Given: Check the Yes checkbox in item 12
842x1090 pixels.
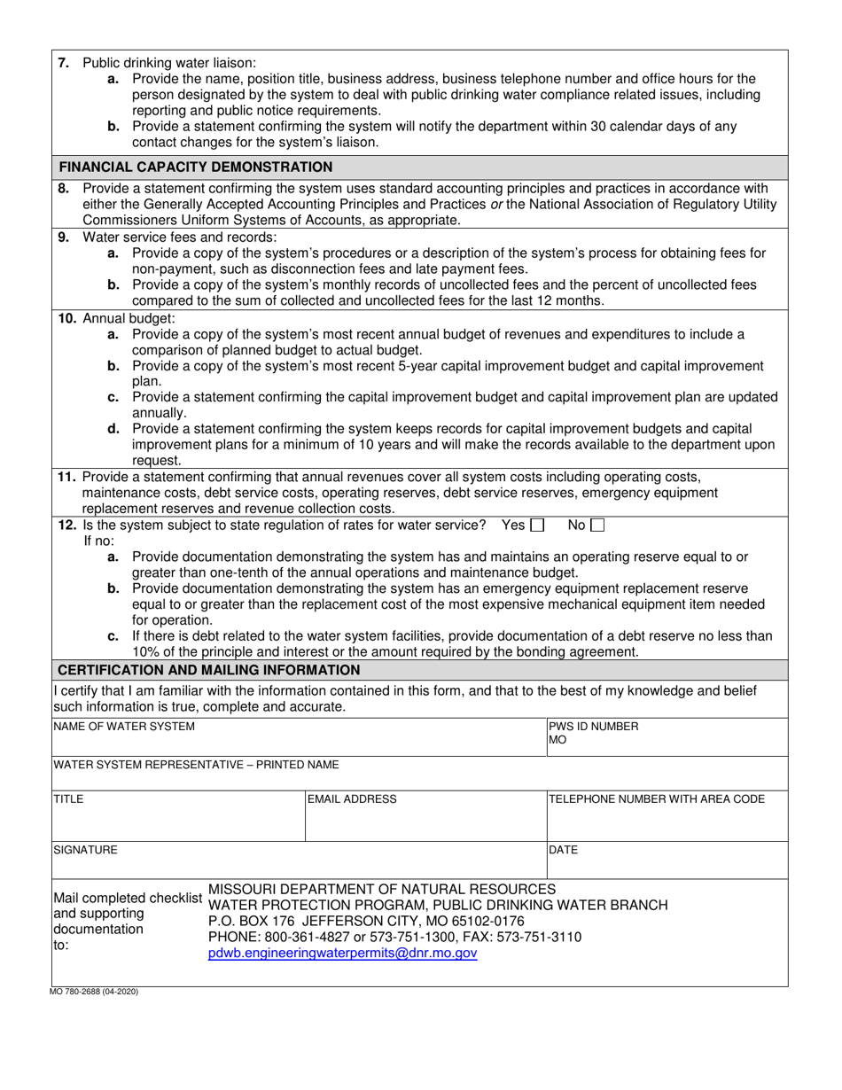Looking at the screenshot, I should pos(536,525).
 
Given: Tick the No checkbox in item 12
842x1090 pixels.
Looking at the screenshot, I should pos(597,525).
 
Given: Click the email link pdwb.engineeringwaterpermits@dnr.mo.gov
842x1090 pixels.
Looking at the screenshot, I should pos(343,954).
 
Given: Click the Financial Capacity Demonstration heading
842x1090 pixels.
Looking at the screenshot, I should pos(196,167).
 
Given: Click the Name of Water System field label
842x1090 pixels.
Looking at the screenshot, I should pos(124,727).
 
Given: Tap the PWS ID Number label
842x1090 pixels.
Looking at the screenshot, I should pos(593,727).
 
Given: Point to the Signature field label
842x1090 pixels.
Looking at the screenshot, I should pos(85,850).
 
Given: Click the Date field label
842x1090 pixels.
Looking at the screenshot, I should pos(563,850).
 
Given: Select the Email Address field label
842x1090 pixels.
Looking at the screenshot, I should pos(352,799).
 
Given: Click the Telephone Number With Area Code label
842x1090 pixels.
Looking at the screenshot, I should pos(656,799).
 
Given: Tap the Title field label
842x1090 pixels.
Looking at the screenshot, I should pos(69,799).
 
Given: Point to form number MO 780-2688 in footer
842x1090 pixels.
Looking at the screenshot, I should pos(96,992).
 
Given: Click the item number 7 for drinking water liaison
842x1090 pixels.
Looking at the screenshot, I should pos(63,63).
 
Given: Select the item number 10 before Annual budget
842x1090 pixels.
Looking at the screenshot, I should pos(67,318).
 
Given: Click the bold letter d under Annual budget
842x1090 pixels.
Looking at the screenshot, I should pos(113,429).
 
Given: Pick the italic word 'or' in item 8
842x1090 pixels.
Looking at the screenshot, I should pos(484,204).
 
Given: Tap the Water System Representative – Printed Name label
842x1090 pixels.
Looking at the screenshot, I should pos(196,764).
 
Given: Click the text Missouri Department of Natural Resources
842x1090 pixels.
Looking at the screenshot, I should pos(382,889).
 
